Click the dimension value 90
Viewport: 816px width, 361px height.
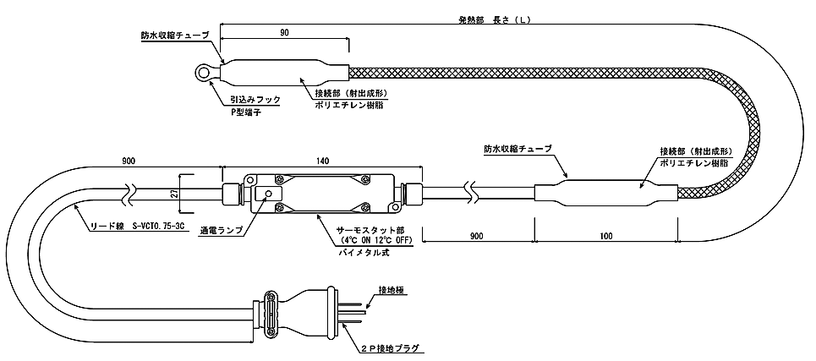283,32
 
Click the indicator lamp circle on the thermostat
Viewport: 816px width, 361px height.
268,194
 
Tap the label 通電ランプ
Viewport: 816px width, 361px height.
223,229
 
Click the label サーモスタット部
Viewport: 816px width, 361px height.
370,230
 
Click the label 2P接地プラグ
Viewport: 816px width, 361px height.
391,347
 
